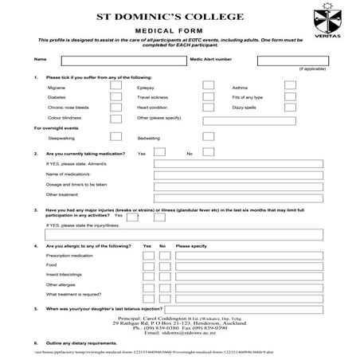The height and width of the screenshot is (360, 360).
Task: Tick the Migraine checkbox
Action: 116,86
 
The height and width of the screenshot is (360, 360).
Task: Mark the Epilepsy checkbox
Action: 208,86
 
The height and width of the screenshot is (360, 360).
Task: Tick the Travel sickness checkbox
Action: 208,96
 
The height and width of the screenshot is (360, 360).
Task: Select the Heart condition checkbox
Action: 208,107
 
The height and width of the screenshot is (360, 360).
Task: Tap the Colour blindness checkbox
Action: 116,117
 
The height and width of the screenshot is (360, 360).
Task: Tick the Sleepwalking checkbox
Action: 116,137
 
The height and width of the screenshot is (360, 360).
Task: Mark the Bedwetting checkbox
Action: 208,137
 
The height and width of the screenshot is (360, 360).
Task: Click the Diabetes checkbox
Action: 116,96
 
